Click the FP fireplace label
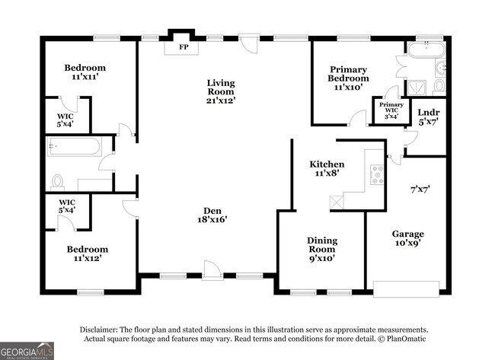pyautogui.click(x=184, y=47)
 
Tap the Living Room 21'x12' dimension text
pyautogui.click(x=221, y=100)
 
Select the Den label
pyautogui.click(x=212, y=211)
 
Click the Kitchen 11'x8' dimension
pyautogui.click(x=327, y=173)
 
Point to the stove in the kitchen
pyautogui.click(x=377, y=175)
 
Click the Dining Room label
pyautogui.click(x=322, y=245)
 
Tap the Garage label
pyautogui.click(x=408, y=234)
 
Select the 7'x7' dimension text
pyautogui.click(x=420, y=190)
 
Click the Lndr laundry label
pyautogui.click(x=429, y=113)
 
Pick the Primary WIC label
pyautogui.click(x=391, y=107)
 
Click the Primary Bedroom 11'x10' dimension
pyautogui.click(x=348, y=87)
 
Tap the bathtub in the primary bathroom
pyautogui.click(x=426, y=49)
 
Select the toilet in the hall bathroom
pyautogui.click(x=57, y=183)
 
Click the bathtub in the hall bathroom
pyautogui.click(x=74, y=146)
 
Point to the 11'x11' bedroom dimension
pyautogui.click(x=85, y=77)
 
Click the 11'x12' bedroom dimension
pyautogui.click(x=87, y=258)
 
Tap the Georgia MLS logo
pyautogui.click(x=27, y=351)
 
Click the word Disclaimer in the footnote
pyautogui.click(x=98, y=330)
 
